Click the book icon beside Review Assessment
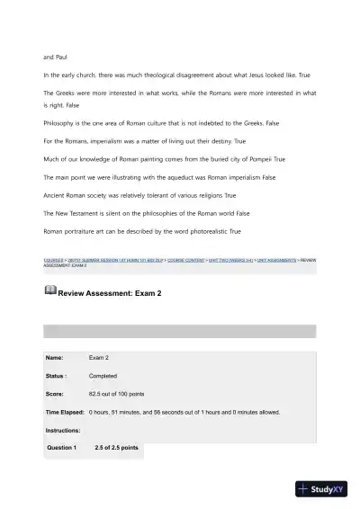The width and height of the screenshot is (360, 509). coord(49,291)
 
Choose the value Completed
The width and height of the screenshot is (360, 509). coord(103,376)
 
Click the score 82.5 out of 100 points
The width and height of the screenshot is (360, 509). coord(120,394)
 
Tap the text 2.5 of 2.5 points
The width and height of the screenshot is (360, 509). coord(116,447)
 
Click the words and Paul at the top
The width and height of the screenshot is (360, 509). coord(55,57)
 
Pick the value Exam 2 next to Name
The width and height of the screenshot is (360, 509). coord(99,358)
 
